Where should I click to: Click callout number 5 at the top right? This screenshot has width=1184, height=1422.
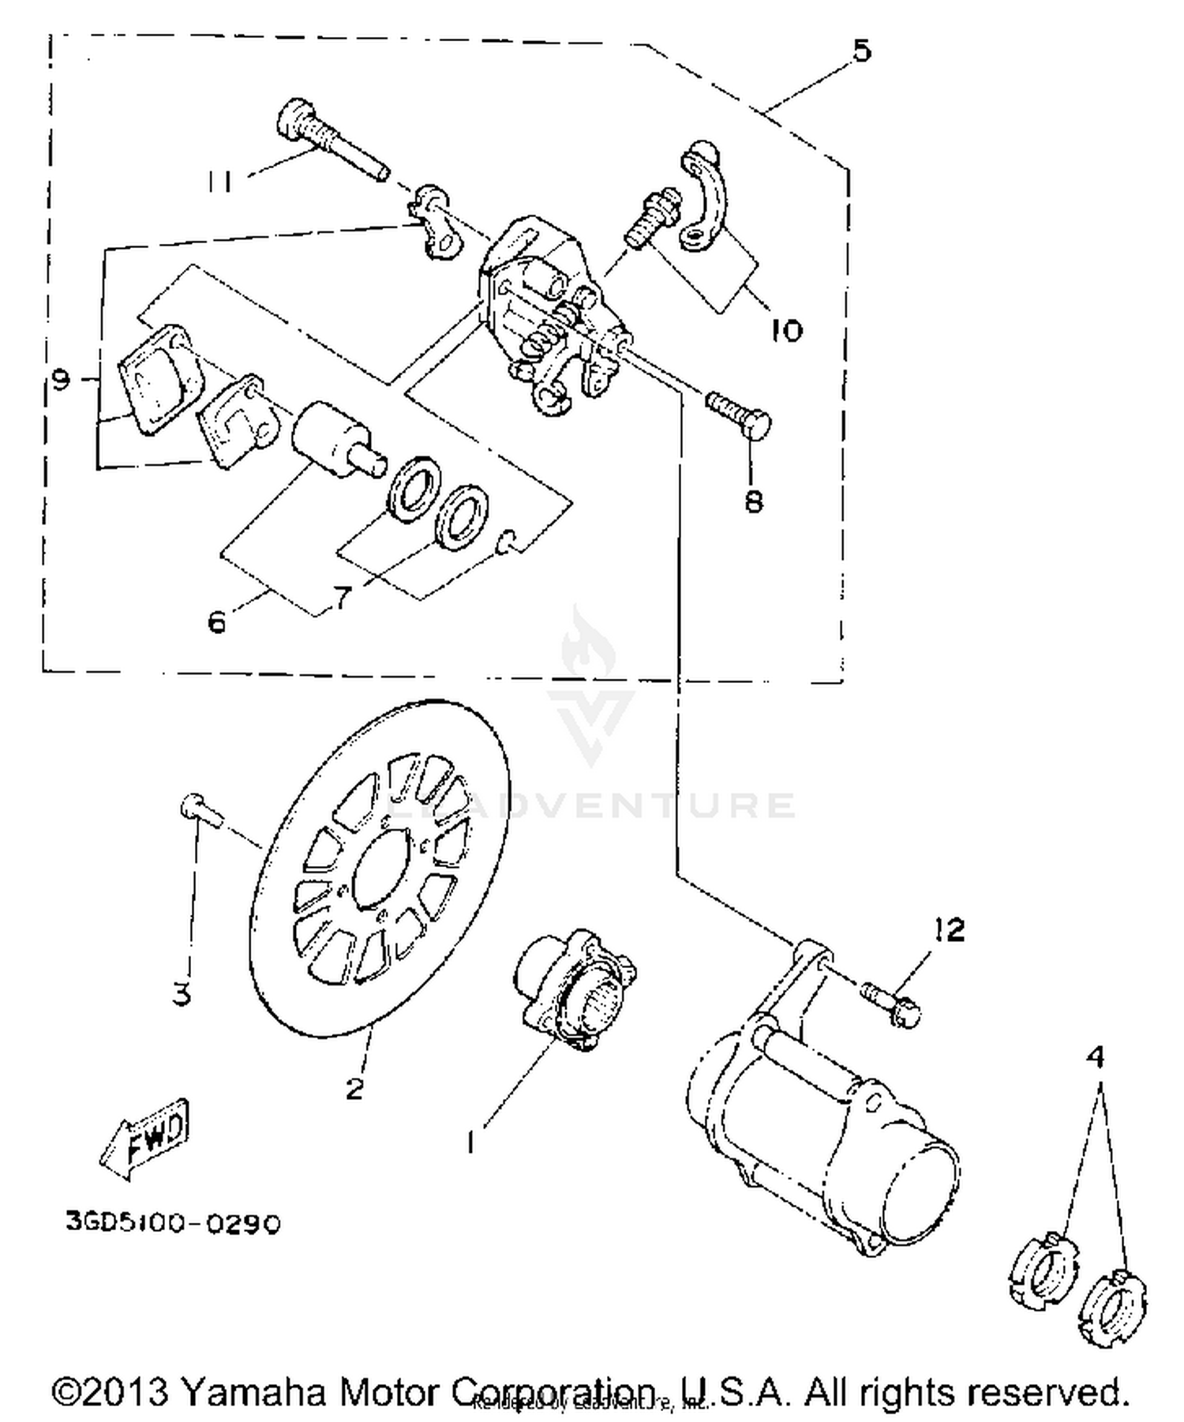point(861,51)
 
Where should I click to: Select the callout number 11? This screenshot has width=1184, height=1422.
point(220,182)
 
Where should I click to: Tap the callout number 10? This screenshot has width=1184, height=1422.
point(785,329)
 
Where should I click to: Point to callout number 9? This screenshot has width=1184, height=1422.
point(60,380)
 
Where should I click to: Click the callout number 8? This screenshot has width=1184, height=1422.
point(754,501)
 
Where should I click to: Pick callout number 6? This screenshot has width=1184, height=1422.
point(217,622)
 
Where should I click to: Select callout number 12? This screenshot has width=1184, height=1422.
point(950,930)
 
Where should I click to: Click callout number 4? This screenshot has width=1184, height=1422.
point(1096,1056)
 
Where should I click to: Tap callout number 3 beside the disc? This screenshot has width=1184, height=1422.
point(182,994)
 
